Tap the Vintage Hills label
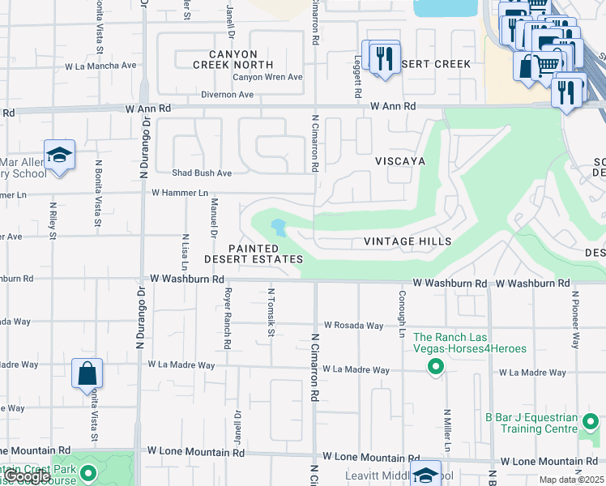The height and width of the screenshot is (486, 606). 407,241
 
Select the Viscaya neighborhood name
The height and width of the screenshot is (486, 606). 399,161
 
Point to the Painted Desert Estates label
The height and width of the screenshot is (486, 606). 253,254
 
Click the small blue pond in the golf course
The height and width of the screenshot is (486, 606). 278,227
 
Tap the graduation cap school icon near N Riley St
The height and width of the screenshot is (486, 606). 59,155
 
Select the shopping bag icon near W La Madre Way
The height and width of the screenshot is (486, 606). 87,375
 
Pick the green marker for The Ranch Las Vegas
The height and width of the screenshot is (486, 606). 436,368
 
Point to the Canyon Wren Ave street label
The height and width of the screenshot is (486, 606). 267,78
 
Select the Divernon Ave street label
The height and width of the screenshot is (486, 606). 228,95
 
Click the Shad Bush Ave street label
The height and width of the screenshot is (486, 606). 202,173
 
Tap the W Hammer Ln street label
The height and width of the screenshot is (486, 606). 180,193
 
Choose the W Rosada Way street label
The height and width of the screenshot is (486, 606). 353,326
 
